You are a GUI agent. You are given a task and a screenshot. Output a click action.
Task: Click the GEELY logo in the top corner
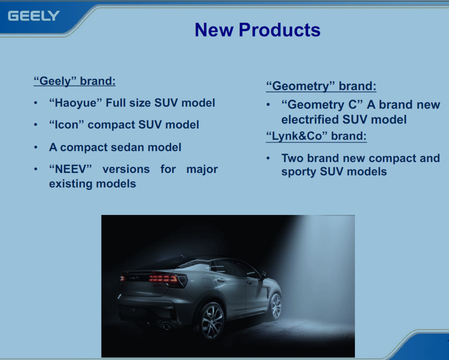coord(34,16)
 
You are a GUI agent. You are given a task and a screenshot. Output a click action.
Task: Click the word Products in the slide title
coord(279,30)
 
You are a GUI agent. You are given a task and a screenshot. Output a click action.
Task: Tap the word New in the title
coord(214,30)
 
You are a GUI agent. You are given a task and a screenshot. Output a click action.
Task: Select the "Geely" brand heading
coord(75,81)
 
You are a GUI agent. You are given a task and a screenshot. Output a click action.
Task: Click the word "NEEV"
coord(70,169)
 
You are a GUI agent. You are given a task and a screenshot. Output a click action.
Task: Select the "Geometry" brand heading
coord(321,86)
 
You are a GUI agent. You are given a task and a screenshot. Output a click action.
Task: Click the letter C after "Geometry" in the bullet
coord(352,105)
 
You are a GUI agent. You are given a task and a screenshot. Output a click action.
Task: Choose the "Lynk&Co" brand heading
coord(316,136)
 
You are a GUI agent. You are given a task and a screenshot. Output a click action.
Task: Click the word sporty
coord(299,172)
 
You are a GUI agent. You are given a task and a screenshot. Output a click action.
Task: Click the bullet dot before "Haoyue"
coord(35,103)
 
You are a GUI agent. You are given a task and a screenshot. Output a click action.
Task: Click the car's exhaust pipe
coord(166,326)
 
